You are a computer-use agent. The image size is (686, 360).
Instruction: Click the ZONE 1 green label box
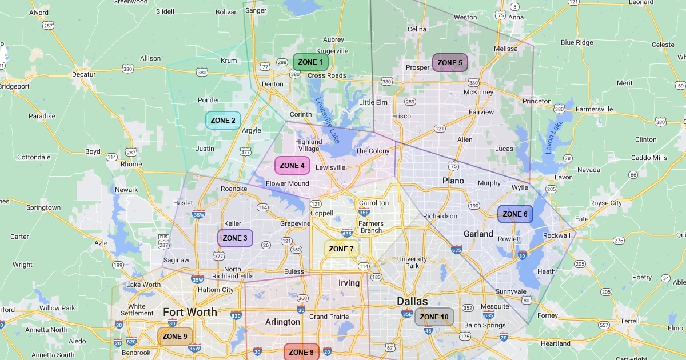tap(310, 62)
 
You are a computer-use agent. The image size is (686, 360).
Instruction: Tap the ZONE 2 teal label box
tap(223, 121)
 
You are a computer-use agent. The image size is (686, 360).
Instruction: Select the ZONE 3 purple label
tap(235, 238)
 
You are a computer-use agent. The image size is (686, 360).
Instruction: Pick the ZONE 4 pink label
tap(292, 166)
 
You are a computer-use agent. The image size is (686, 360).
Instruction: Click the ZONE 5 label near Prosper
tap(450, 63)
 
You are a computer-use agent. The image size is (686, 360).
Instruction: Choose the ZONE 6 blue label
tap(515, 214)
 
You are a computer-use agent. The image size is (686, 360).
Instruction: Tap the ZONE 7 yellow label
tap(341, 249)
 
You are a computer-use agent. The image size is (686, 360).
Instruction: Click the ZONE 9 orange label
tap(175, 337)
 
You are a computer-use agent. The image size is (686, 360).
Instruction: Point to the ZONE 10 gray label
tap(434, 317)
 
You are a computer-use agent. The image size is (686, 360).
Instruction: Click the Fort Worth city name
tap(190, 312)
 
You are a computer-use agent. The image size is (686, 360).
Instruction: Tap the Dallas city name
tap(412, 301)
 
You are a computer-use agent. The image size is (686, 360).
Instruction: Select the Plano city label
tap(453, 181)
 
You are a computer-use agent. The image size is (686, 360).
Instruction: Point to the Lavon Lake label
tap(551, 137)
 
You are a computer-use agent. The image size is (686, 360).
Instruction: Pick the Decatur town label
tap(83, 74)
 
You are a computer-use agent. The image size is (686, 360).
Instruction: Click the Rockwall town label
tap(556, 235)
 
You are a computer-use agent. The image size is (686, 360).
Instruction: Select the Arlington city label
tap(282, 322)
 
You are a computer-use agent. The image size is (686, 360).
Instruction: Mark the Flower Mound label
tap(287, 183)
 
